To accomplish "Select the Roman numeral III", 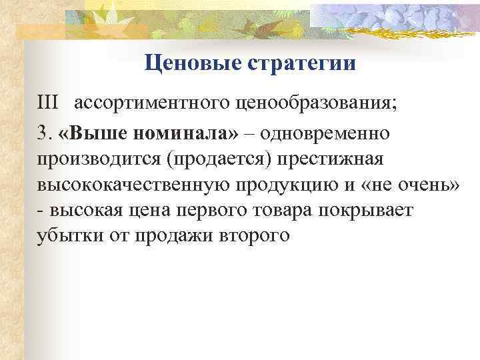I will point(48,103).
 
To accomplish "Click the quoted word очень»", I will point(425,185).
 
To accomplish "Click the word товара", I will point(294,211).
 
